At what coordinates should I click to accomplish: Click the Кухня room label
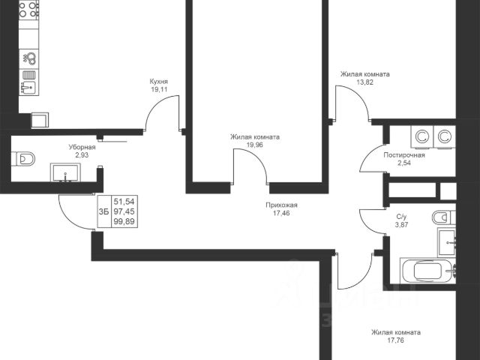(158, 82)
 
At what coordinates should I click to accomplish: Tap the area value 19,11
(158, 90)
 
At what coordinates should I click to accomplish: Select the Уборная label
(82, 147)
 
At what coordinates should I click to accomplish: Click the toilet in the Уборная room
(23, 159)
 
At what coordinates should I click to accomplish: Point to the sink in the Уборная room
(65, 172)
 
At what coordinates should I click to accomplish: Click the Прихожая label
(281, 205)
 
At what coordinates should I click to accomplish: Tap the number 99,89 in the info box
(124, 221)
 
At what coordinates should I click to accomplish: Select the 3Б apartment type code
(103, 211)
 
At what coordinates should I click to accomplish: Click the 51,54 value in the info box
(124, 202)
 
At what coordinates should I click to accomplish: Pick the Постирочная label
(404, 155)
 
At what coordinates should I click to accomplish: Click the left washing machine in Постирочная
(422, 137)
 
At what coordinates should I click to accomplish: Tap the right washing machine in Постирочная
(445, 137)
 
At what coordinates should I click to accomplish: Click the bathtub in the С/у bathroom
(428, 271)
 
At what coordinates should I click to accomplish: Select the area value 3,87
(402, 225)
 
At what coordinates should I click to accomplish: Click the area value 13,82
(365, 82)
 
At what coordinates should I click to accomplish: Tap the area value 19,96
(255, 145)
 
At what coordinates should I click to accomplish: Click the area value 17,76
(395, 340)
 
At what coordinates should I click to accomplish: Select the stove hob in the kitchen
(28, 10)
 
